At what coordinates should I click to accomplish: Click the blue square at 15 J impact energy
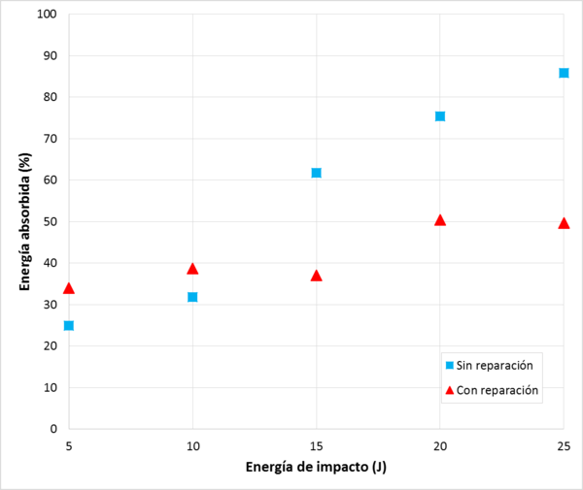click(x=316, y=173)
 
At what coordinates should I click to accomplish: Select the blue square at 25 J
click(x=564, y=73)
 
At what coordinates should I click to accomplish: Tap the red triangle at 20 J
click(x=440, y=220)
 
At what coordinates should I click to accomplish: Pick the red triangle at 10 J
click(x=192, y=269)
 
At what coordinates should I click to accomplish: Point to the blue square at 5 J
click(x=69, y=325)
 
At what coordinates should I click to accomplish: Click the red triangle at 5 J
click(x=69, y=288)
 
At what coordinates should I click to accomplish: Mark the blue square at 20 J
click(x=440, y=116)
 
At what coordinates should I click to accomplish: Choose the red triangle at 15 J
click(x=316, y=276)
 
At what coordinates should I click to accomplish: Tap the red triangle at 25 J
click(x=564, y=223)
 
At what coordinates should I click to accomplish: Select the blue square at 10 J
click(x=192, y=297)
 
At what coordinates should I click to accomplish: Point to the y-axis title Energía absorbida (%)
click(x=25, y=220)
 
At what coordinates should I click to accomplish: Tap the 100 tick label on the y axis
click(x=46, y=15)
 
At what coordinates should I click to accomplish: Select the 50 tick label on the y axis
click(x=49, y=221)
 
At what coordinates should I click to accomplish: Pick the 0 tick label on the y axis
click(x=52, y=429)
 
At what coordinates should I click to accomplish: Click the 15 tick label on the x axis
click(x=316, y=445)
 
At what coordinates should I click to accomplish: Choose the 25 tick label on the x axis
click(x=563, y=445)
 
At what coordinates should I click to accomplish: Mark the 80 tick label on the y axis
click(x=49, y=97)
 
